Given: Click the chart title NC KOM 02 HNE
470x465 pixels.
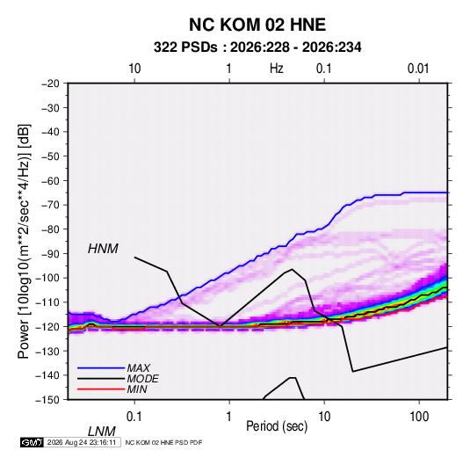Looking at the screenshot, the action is (257, 25).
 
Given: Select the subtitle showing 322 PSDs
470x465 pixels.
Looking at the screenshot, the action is (257, 47).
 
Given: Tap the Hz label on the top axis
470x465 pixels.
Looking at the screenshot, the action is (277, 69).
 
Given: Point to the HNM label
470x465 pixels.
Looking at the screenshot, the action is (103, 249).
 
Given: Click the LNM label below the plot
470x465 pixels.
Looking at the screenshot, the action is (101, 432).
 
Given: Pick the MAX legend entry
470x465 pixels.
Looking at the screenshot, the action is (138, 368).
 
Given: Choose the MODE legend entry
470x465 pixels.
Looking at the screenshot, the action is (142, 379).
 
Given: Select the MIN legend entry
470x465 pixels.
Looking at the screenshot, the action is (137, 389).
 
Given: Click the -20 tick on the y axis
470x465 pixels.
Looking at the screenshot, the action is (50, 84).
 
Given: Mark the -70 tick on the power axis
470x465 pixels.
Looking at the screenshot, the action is (50, 205).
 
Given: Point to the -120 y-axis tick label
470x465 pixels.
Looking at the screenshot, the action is (48, 327).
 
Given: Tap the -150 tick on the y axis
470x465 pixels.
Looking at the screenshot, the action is (48, 400).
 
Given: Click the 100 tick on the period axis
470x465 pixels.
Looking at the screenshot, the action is (419, 417).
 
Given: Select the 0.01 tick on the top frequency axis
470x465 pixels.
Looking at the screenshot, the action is (418, 69).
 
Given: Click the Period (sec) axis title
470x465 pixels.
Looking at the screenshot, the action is (277, 425).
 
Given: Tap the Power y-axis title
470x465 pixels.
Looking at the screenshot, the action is (24, 242).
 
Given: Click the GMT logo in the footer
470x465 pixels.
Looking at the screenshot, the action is (33, 442).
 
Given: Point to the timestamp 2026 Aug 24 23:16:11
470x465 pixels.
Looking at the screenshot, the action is (82, 442).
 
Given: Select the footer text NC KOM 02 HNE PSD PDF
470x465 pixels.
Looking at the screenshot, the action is (163, 442).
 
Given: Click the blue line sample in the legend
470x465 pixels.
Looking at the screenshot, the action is (101, 368).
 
